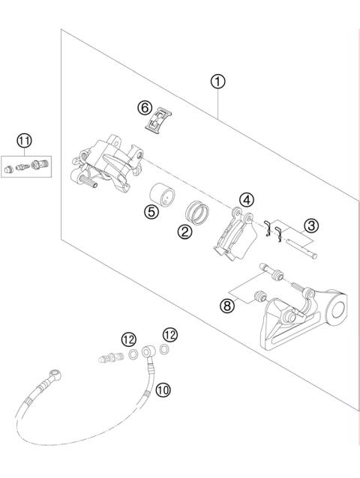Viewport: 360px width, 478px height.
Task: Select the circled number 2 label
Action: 182,232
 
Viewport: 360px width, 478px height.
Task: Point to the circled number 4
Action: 246,200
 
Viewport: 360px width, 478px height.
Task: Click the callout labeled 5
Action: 153,212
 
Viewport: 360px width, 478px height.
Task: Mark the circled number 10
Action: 163,388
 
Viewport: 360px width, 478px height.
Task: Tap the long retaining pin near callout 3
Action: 299,248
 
